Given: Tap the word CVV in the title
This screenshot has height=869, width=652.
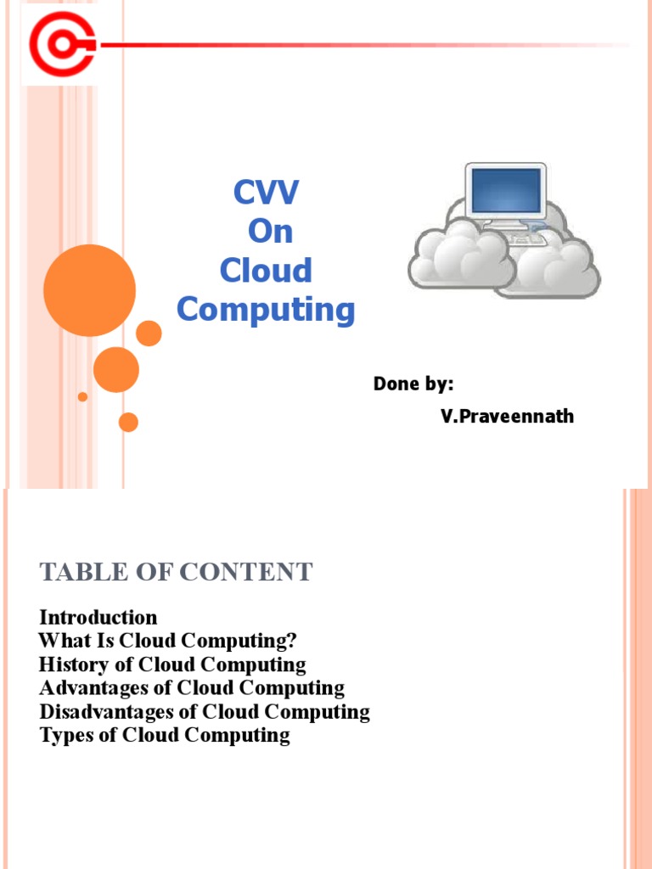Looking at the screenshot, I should [267, 193].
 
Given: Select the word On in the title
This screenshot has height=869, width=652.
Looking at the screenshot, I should [270, 232].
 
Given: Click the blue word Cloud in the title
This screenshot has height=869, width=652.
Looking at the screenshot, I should [266, 271].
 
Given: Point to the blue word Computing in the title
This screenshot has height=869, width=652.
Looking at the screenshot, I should [266, 310].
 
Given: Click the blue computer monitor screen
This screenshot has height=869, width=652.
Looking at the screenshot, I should [505, 189].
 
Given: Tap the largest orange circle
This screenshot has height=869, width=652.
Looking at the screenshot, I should [89, 290].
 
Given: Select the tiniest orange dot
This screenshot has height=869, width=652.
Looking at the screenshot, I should [82, 396].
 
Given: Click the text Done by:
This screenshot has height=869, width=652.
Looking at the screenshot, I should [413, 384].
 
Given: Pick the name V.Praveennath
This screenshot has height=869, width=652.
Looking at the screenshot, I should [507, 417].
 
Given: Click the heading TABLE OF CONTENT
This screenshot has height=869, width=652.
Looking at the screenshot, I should [177, 573].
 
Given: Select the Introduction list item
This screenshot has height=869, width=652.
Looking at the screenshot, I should [98, 617].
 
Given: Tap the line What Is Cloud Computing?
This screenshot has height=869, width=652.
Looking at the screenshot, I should [168, 641].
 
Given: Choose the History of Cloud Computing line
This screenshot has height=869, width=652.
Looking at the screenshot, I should [172, 664].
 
